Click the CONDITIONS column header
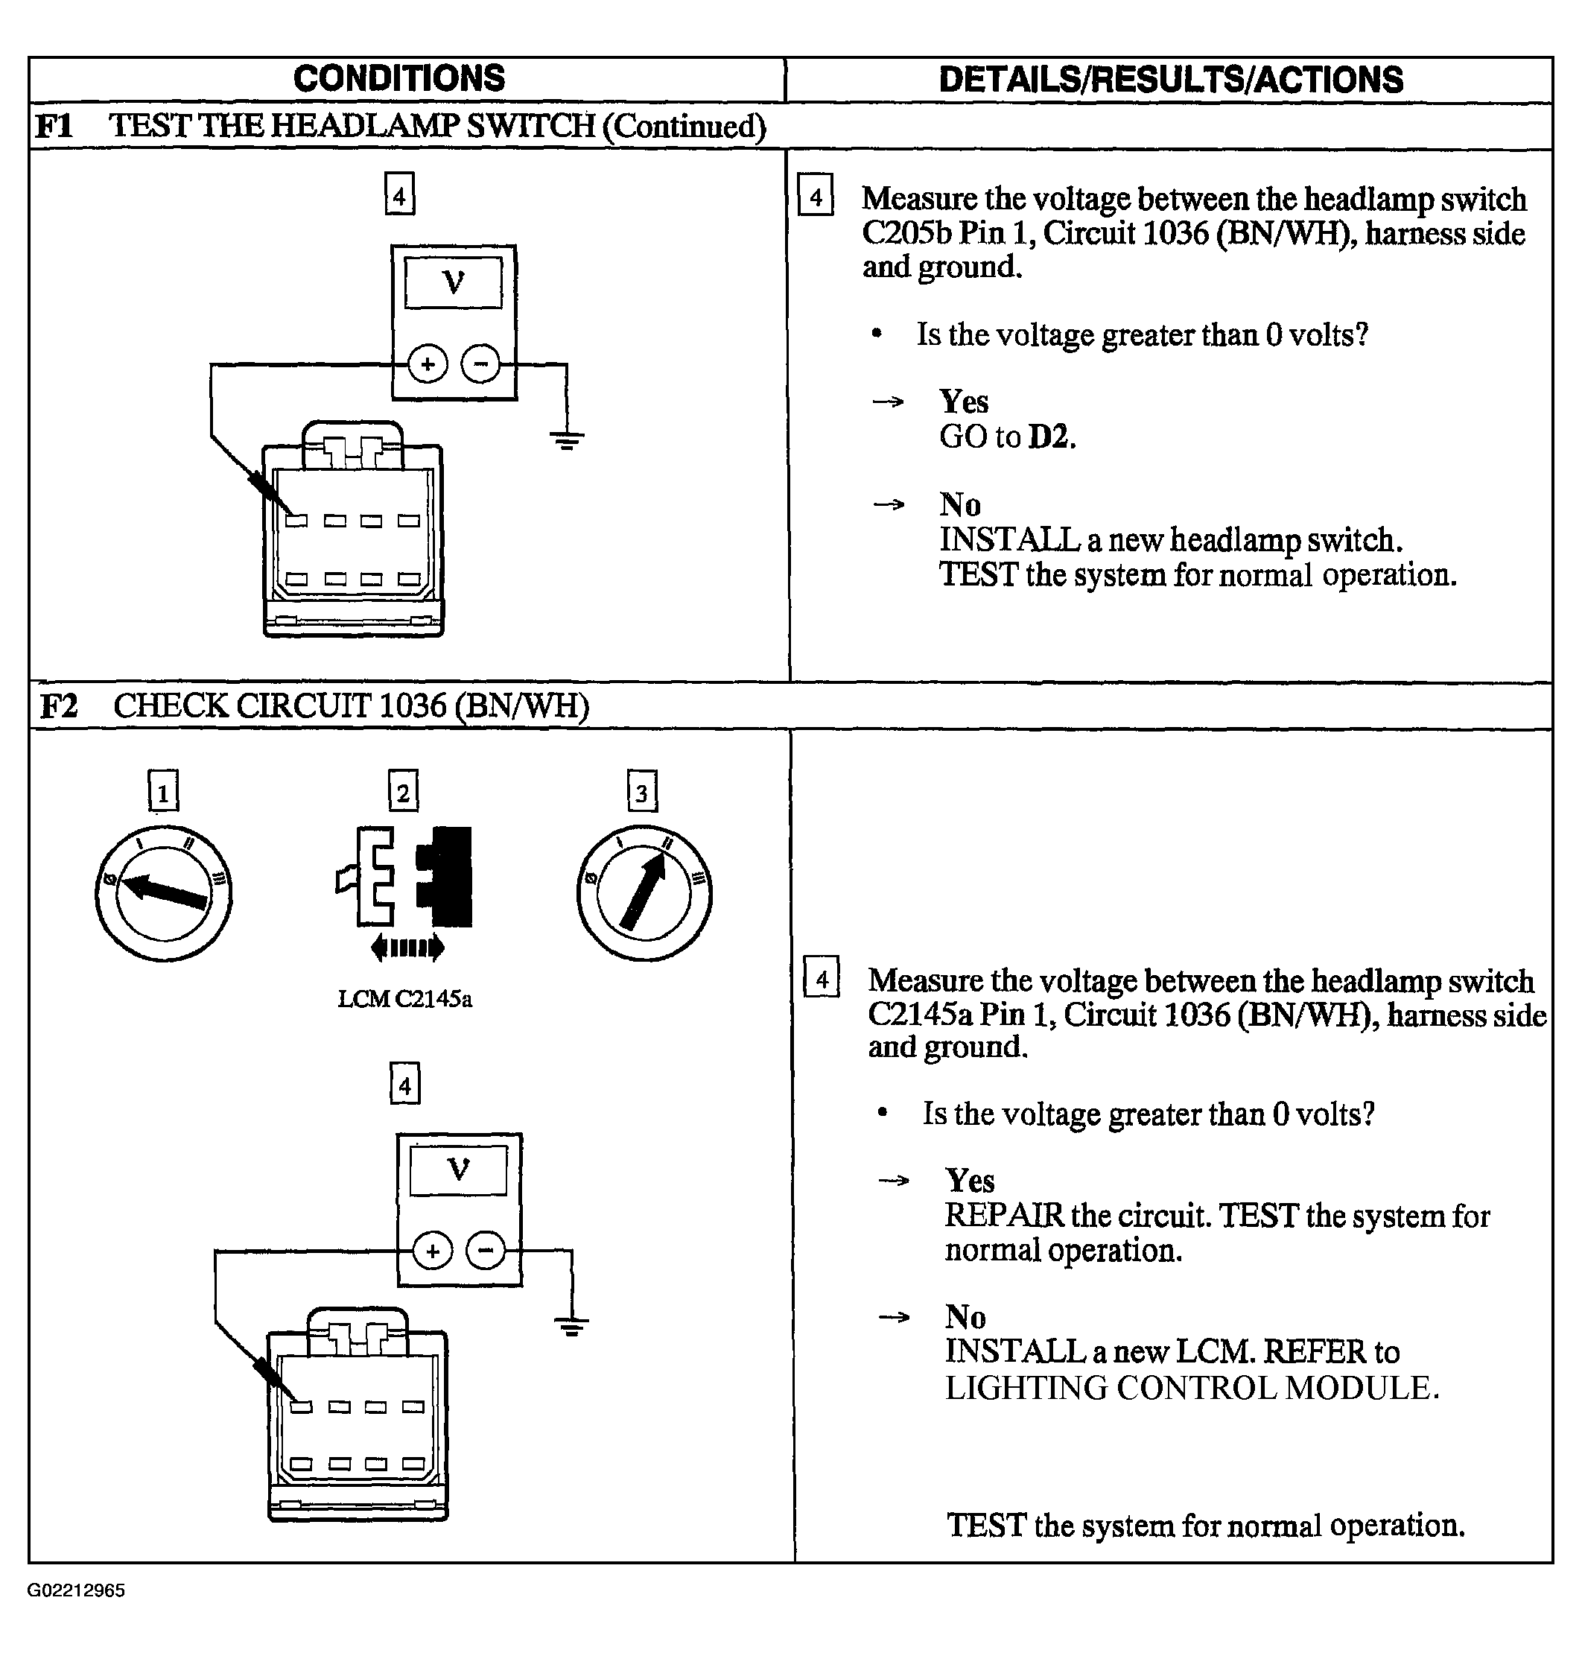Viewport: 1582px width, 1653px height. (x=399, y=78)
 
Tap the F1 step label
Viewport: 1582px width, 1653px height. (x=54, y=127)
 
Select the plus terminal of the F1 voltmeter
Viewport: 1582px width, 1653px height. (x=428, y=364)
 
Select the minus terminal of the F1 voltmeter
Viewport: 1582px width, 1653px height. (x=480, y=364)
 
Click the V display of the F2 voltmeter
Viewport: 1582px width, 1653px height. (x=459, y=1170)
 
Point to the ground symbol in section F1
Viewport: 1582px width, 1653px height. (x=567, y=440)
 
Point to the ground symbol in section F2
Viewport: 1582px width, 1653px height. (x=572, y=1327)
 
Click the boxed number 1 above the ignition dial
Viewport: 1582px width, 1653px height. (x=164, y=791)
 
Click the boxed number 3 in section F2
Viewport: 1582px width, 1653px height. (x=643, y=791)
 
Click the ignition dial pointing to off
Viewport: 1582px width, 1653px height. (x=164, y=894)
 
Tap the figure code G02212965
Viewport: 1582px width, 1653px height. (x=76, y=1590)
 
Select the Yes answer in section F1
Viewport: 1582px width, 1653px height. (x=964, y=402)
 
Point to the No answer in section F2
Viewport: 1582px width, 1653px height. (x=965, y=1316)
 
